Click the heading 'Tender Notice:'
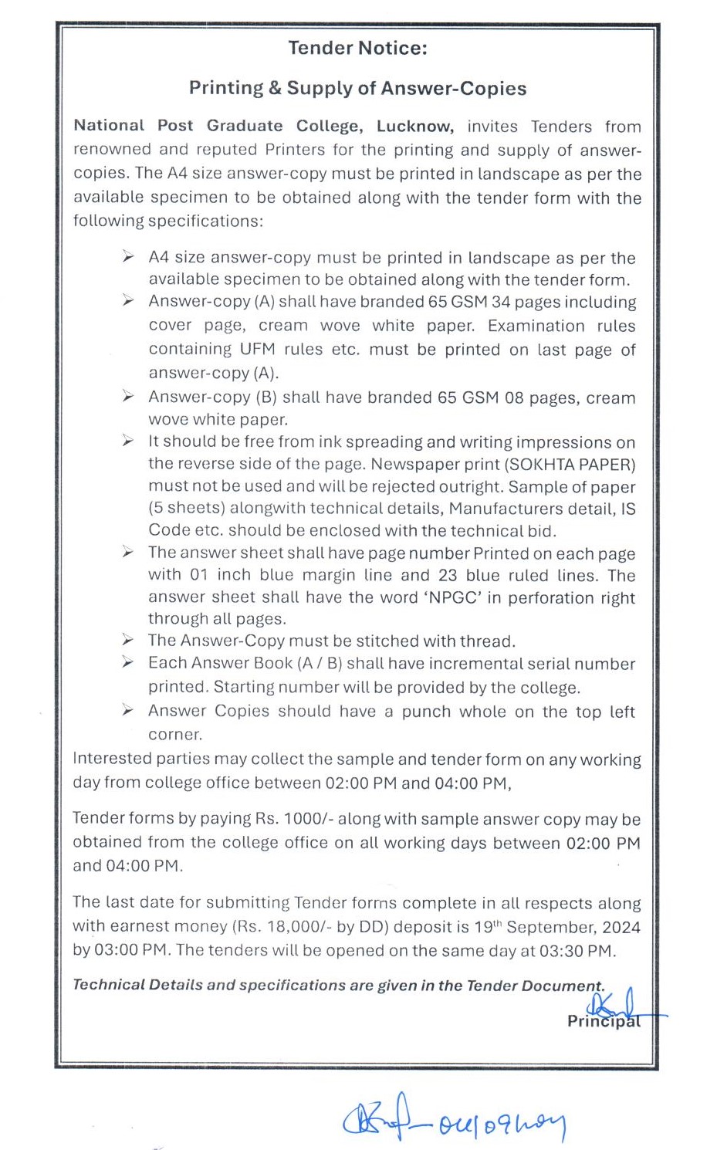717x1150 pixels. tap(357, 48)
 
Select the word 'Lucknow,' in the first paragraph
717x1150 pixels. tap(414, 126)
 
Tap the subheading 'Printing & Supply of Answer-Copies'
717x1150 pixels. tap(357, 88)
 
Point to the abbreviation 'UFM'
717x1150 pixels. tap(257, 349)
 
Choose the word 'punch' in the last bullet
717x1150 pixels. tap(426, 711)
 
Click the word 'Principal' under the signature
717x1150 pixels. tap(603, 1021)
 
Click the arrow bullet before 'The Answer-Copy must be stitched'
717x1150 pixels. tap(128, 640)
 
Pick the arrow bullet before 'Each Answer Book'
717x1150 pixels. tap(128, 662)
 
